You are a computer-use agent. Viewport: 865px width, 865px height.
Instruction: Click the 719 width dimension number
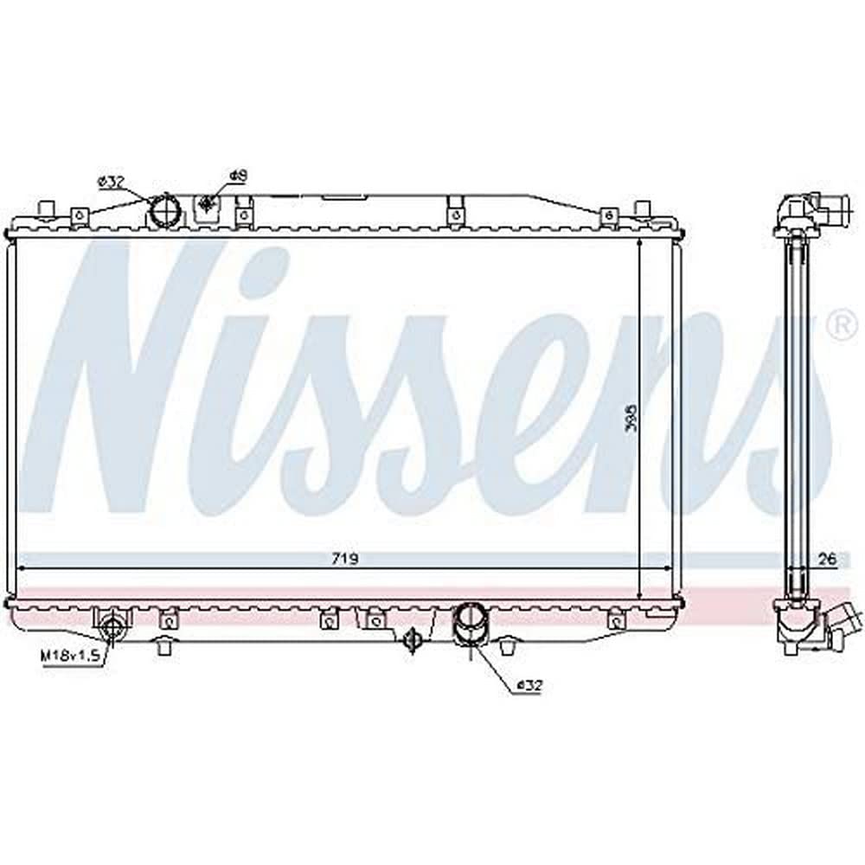pyautogui.click(x=345, y=560)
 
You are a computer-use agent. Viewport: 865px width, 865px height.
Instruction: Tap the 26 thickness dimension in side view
pyautogui.click(x=828, y=560)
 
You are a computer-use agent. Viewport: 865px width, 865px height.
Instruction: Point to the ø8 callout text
pyautogui.click(x=239, y=176)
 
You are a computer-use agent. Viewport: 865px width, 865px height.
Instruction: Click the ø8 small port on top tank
pyautogui.click(x=207, y=205)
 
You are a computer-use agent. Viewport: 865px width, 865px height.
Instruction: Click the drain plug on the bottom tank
pyautogui.click(x=413, y=638)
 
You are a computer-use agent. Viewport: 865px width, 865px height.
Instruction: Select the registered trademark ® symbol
pyautogui.click(x=838, y=325)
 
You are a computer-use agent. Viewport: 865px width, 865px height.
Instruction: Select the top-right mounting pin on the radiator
pyautogui.click(x=642, y=208)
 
